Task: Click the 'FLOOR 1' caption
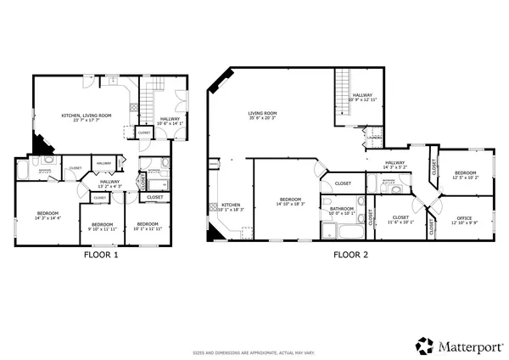coord(101,254)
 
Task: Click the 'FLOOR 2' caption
coord(351,254)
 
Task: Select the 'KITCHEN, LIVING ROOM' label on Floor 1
coord(87,115)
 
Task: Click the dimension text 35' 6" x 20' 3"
coord(263,118)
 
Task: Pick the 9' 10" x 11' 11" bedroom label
coord(102,227)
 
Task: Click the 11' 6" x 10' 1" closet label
coord(400,219)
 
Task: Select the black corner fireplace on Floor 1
coord(39,143)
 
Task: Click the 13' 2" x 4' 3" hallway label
coord(110,183)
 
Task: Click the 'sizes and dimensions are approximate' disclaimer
coord(255,350)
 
